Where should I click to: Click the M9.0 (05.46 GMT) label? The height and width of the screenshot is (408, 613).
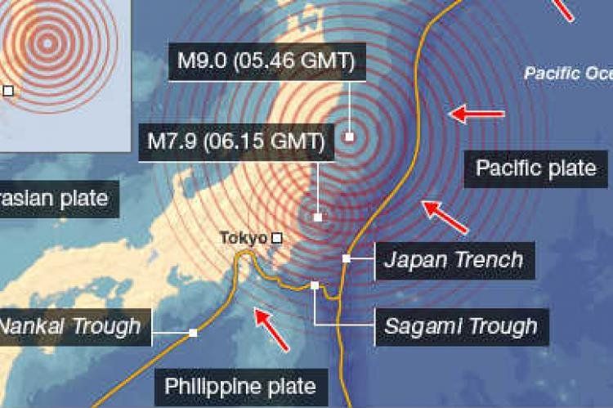pos(266,62)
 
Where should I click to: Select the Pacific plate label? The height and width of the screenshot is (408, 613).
pos(536,168)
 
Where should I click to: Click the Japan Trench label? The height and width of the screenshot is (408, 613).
pos(454,260)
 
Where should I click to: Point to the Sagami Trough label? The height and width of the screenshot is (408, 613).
pos(461,326)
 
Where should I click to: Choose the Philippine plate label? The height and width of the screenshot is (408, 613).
pos(240,385)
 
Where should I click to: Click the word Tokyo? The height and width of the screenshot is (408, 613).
pos(244,238)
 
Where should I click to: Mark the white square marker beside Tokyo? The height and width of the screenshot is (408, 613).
pos(276,238)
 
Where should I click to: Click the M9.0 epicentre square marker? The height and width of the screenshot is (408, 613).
pos(349,137)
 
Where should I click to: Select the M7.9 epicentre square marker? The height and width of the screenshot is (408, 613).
pos(317,217)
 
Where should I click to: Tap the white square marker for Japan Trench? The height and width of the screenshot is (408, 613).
pos(347,258)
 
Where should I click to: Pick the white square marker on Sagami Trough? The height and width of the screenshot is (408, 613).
pos(315,285)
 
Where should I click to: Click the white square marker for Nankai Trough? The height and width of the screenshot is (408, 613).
pos(193,333)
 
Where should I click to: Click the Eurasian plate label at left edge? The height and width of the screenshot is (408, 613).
pos(53,198)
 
